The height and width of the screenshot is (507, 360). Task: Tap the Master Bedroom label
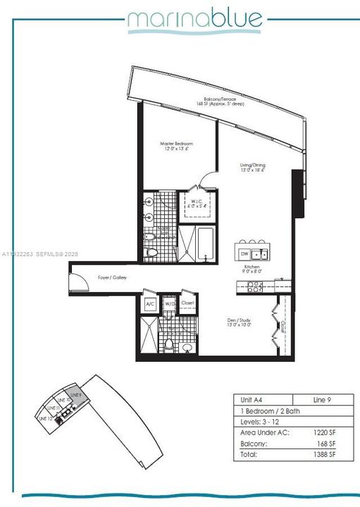click(176, 146)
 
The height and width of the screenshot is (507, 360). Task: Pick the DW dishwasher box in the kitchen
click(244, 254)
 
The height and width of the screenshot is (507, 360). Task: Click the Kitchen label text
click(253, 268)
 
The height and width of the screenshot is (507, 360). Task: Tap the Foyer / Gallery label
click(110, 277)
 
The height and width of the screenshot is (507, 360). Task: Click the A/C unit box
click(149, 303)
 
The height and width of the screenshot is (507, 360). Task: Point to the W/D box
click(170, 303)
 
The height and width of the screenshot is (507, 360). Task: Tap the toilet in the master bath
click(150, 253)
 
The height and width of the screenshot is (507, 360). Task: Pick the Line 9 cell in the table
click(321, 399)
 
